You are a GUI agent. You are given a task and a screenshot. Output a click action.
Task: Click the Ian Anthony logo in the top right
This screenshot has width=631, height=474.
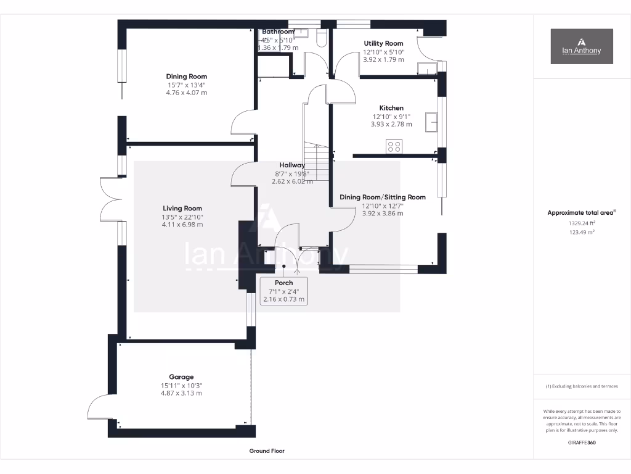click(x=582, y=46)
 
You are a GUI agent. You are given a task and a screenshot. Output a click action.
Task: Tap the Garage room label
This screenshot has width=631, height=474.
click(x=181, y=376)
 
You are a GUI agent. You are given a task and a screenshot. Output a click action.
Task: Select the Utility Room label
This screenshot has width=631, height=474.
click(x=383, y=43)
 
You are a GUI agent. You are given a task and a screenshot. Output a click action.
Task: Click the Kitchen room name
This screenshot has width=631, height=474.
click(x=391, y=108)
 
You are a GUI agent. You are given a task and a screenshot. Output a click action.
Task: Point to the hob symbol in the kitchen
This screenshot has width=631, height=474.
click(x=394, y=146)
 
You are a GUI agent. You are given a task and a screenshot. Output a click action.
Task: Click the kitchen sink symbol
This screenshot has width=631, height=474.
click(x=433, y=122)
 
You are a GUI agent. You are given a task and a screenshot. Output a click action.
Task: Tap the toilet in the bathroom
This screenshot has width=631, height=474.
click(x=320, y=39)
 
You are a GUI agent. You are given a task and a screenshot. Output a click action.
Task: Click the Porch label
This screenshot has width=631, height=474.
click(x=283, y=283)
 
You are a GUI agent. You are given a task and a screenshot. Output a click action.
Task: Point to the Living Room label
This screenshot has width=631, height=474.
click(x=182, y=208)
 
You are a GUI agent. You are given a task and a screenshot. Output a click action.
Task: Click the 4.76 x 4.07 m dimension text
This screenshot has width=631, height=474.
click(x=186, y=93)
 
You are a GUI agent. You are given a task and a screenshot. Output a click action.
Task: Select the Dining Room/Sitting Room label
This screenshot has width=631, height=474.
click(x=383, y=197)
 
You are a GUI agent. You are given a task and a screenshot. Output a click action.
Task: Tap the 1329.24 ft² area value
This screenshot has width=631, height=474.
click(x=582, y=223)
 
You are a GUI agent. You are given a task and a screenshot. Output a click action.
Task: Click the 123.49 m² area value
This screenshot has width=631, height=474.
click(x=582, y=232)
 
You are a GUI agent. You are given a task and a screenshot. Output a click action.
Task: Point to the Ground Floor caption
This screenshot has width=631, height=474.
click(x=267, y=451)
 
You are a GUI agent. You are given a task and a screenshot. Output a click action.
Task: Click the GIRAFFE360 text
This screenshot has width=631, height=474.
click(x=582, y=442)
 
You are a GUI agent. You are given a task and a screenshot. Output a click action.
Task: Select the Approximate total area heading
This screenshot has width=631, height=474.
click(x=580, y=213)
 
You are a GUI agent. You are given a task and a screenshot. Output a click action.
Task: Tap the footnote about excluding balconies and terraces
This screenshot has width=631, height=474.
click(x=582, y=386)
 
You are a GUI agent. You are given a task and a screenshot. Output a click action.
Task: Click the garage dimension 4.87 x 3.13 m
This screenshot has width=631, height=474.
click(x=181, y=393)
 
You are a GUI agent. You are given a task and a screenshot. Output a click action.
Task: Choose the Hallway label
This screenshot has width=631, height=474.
click(x=292, y=165)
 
